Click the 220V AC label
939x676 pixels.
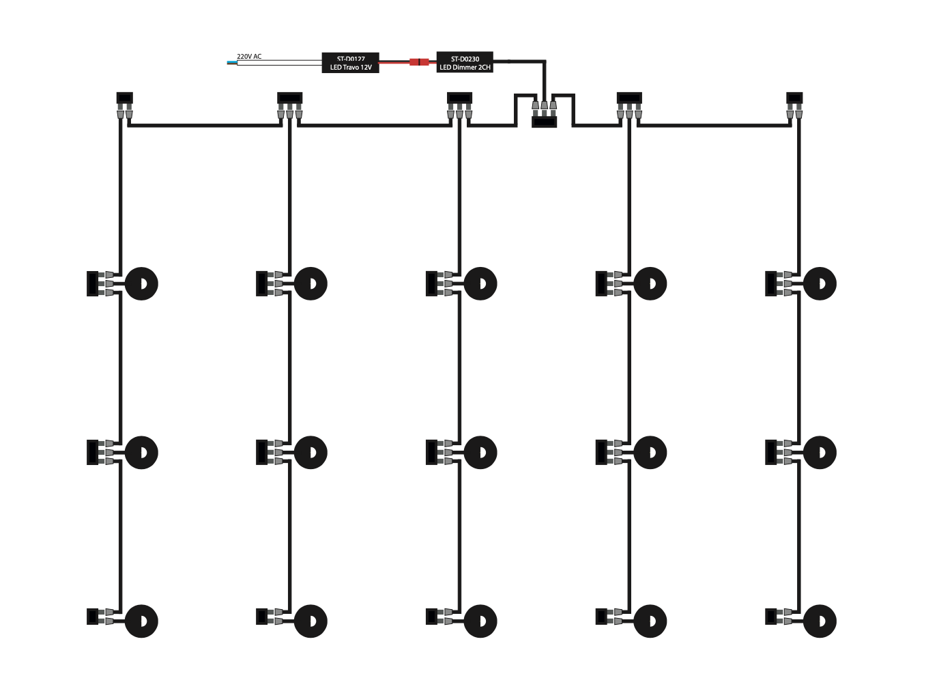pos(249,56)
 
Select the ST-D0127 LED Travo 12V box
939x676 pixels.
pos(350,63)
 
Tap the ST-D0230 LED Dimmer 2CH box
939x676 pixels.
pos(465,63)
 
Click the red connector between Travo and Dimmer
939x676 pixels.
pos(419,62)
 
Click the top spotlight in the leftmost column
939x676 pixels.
pos(141,283)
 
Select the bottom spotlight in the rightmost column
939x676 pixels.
pos(820,621)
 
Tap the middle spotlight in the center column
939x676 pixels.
pos(480,452)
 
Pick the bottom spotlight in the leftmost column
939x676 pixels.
pos(141,621)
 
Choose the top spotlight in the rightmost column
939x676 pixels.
pos(820,283)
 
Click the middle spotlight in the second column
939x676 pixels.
pos(310,452)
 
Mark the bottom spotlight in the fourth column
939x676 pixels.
pos(650,621)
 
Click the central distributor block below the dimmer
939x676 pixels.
pos(544,122)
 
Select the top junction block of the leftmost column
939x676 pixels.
pos(125,98)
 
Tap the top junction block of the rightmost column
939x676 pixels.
pos(794,98)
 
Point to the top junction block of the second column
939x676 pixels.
pos(290,98)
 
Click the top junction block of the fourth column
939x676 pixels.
pos(629,98)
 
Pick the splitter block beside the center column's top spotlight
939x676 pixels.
pos(431,283)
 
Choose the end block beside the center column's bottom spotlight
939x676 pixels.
pos(431,617)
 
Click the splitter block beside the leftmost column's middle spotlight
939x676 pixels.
pos(92,452)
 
